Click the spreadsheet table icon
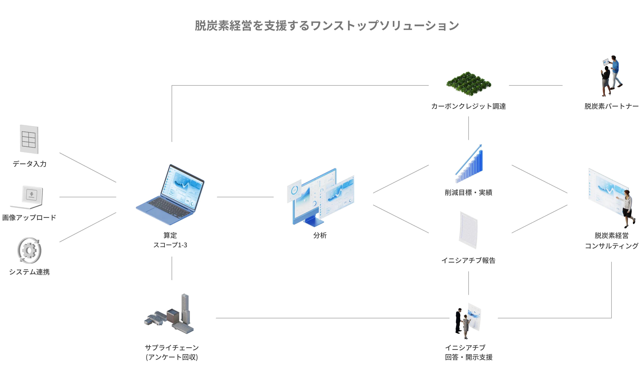click(29, 139)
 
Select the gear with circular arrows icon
click(29, 250)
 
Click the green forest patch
click(468, 84)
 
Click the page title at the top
click(327, 26)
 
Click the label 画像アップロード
click(29, 218)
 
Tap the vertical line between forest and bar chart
click(468, 128)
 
